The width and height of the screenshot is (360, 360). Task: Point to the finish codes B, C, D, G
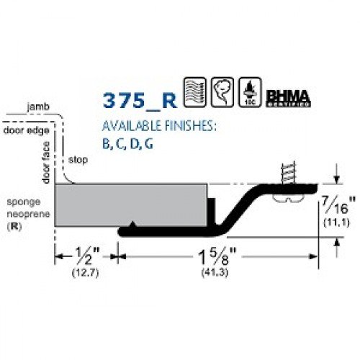coord(128,143)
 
